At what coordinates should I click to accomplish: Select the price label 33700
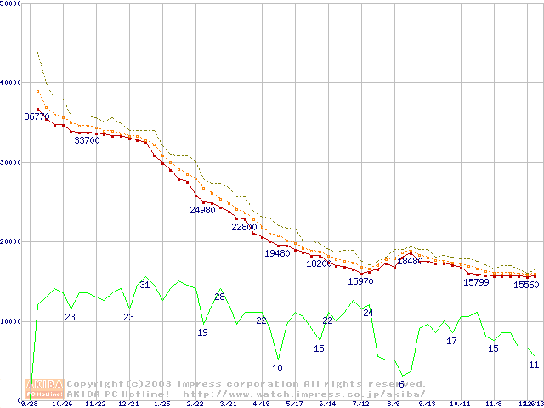pos(87,141)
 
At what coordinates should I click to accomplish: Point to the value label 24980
pos(202,210)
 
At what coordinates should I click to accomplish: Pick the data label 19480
pos(277,253)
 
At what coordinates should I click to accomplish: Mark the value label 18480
pos(410,262)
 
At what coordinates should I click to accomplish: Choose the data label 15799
pos(476,282)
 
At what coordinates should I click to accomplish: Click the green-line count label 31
pos(144,286)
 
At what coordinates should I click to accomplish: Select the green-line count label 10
pos(277,368)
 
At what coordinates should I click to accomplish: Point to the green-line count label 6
pos(401,384)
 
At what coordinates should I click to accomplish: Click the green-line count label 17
pos(452,341)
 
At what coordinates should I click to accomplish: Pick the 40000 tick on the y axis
pos(10,82)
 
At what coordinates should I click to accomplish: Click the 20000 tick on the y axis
pos(10,241)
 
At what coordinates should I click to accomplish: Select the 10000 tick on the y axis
pos(10,321)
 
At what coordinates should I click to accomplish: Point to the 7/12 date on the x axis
pos(360,405)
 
